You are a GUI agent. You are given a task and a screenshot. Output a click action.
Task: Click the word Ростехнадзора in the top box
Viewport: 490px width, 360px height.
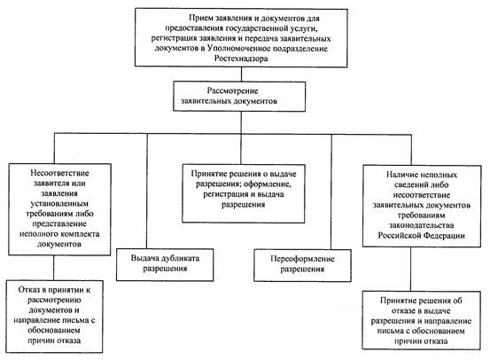[241, 59]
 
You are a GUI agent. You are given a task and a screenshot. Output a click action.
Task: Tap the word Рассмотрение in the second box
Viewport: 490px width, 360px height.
[232, 90]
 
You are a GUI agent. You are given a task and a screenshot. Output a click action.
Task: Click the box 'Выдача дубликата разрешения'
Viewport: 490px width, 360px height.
[165, 264]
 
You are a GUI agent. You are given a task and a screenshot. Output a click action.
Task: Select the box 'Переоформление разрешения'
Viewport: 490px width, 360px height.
[302, 265]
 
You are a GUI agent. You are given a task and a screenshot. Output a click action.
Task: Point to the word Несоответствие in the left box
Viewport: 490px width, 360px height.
[59, 173]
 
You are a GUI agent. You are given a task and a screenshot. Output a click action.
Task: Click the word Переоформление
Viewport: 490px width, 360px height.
[302, 259]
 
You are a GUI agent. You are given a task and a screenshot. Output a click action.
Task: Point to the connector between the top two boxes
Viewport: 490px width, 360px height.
[241, 74]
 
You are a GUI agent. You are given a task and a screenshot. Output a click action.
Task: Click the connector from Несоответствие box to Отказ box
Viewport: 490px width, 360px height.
[54, 268]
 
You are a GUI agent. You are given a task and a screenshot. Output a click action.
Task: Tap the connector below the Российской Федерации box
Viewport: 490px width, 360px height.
[411, 269]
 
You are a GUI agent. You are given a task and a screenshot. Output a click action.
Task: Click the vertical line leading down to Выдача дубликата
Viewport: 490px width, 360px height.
[147, 192]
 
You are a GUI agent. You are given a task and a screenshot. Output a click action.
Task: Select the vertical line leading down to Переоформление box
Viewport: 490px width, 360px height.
[331, 192]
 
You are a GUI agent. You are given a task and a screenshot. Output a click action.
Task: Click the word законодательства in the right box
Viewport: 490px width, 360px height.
[421, 225]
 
